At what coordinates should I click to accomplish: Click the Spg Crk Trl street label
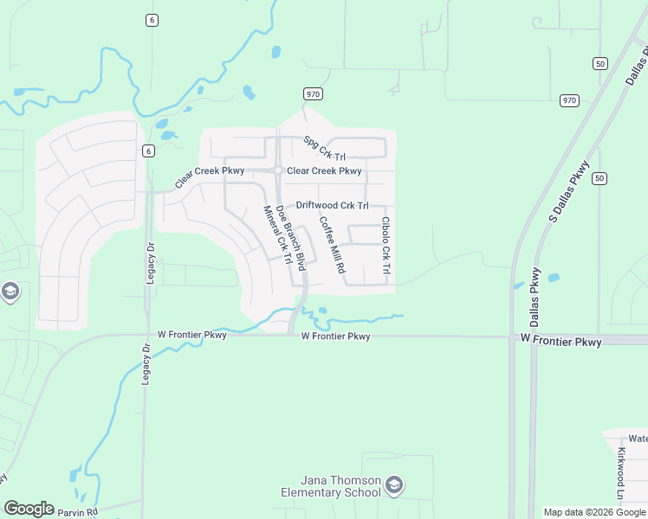click(319, 147)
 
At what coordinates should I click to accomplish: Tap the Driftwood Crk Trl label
click(333, 206)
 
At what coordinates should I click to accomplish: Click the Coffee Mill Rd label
click(332, 245)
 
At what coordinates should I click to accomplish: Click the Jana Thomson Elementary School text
click(341, 487)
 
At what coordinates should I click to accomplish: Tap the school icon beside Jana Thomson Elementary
click(395, 484)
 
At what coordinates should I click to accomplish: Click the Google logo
click(29, 509)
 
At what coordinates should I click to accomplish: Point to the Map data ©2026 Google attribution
click(593, 512)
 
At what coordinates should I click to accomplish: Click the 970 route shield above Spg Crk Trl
click(313, 93)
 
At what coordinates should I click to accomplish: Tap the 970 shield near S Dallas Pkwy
click(568, 100)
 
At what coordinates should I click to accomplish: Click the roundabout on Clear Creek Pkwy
click(277, 170)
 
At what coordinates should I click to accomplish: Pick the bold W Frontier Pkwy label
click(561, 342)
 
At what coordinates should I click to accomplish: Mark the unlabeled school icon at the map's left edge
click(10, 292)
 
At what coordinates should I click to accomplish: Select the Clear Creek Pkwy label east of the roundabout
click(324, 171)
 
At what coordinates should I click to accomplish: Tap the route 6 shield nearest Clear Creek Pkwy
click(149, 151)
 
